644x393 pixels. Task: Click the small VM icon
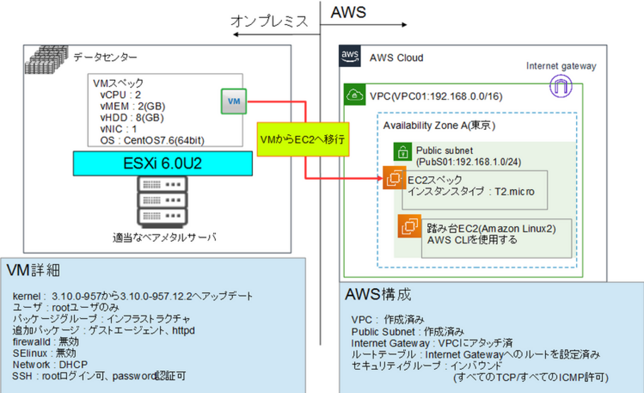[x=234, y=101]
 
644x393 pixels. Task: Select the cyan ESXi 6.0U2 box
[x=163, y=164]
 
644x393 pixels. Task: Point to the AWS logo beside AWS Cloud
[x=349, y=57]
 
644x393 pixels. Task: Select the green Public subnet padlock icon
[x=402, y=152]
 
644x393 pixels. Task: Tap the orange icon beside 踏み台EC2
[x=409, y=226]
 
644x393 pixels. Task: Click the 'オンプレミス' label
[x=269, y=21]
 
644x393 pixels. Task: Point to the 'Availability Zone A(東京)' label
[x=439, y=125]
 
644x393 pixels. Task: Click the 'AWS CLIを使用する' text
[x=472, y=240]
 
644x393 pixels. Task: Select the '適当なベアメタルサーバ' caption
[x=162, y=238]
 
